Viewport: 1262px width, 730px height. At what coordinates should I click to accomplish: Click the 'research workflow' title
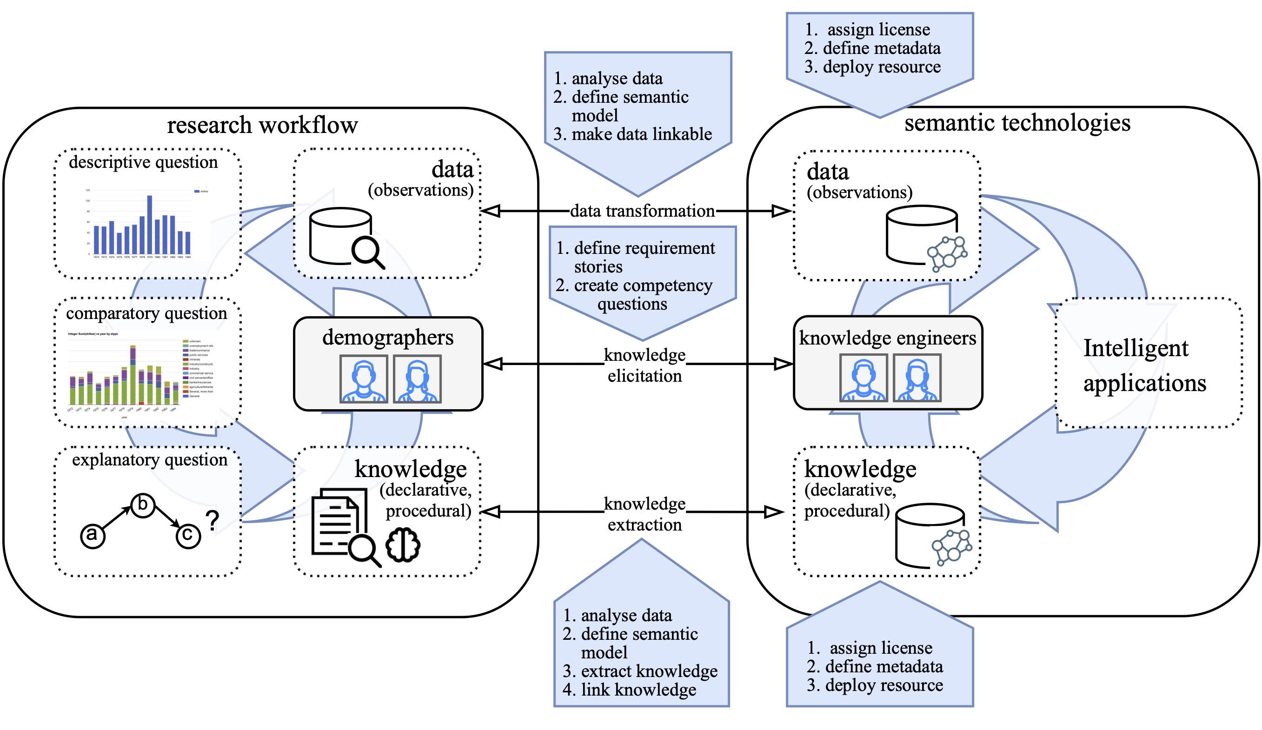pyautogui.click(x=262, y=125)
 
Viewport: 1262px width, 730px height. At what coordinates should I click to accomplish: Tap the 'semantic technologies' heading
pyautogui.click(x=1016, y=123)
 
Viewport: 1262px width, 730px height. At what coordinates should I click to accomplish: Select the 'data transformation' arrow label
pyautogui.click(x=642, y=211)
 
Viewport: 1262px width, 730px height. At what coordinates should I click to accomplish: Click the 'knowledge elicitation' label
pyautogui.click(x=644, y=365)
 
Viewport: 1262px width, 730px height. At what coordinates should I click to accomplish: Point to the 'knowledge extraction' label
pyautogui.click(x=644, y=514)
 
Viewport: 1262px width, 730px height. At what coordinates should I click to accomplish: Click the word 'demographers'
pyautogui.click(x=388, y=338)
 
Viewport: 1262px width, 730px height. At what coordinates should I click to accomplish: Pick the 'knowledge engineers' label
pyautogui.click(x=887, y=338)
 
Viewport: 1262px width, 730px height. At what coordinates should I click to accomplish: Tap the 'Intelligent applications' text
pyautogui.click(x=1144, y=365)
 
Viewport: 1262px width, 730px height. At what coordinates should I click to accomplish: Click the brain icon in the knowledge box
pyautogui.click(x=403, y=545)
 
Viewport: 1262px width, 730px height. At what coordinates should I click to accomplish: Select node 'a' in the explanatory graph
pyautogui.click(x=93, y=535)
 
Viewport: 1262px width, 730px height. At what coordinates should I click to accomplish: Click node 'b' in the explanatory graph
pyautogui.click(x=143, y=504)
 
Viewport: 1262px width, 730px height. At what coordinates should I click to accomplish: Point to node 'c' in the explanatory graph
pyautogui.click(x=188, y=535)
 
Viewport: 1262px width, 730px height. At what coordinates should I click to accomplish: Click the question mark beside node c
pyautogui.click(x=213, y=521)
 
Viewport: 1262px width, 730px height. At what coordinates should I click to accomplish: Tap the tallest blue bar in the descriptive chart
pyautogui.click(x=149, y=224)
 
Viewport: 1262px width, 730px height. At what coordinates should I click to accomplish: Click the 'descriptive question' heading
pyautogui.click(x=143, y=162)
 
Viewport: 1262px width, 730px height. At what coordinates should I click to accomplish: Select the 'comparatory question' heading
pyautogui.click(x=146, y=313)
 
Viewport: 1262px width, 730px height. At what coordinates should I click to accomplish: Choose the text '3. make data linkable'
pyautogui.click(x=632, y=134)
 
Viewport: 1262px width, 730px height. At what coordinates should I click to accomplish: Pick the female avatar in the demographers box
pyautogui.click(x=417, y=379)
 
